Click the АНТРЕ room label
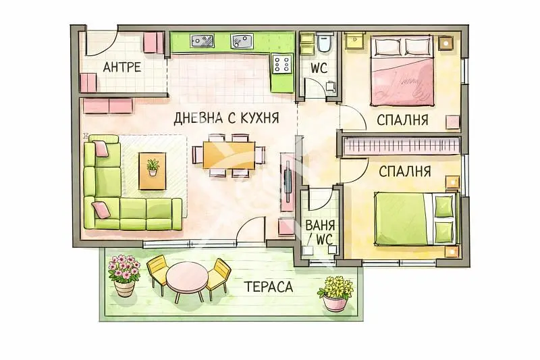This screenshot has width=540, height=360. [122, 67]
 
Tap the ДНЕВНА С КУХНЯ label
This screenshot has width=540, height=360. [226, 118]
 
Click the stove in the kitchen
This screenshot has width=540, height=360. [282, 65]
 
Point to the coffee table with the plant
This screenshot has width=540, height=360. [153, 169]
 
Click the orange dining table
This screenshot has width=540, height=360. [230, 155]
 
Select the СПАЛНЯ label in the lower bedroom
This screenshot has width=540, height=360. [404, 171]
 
